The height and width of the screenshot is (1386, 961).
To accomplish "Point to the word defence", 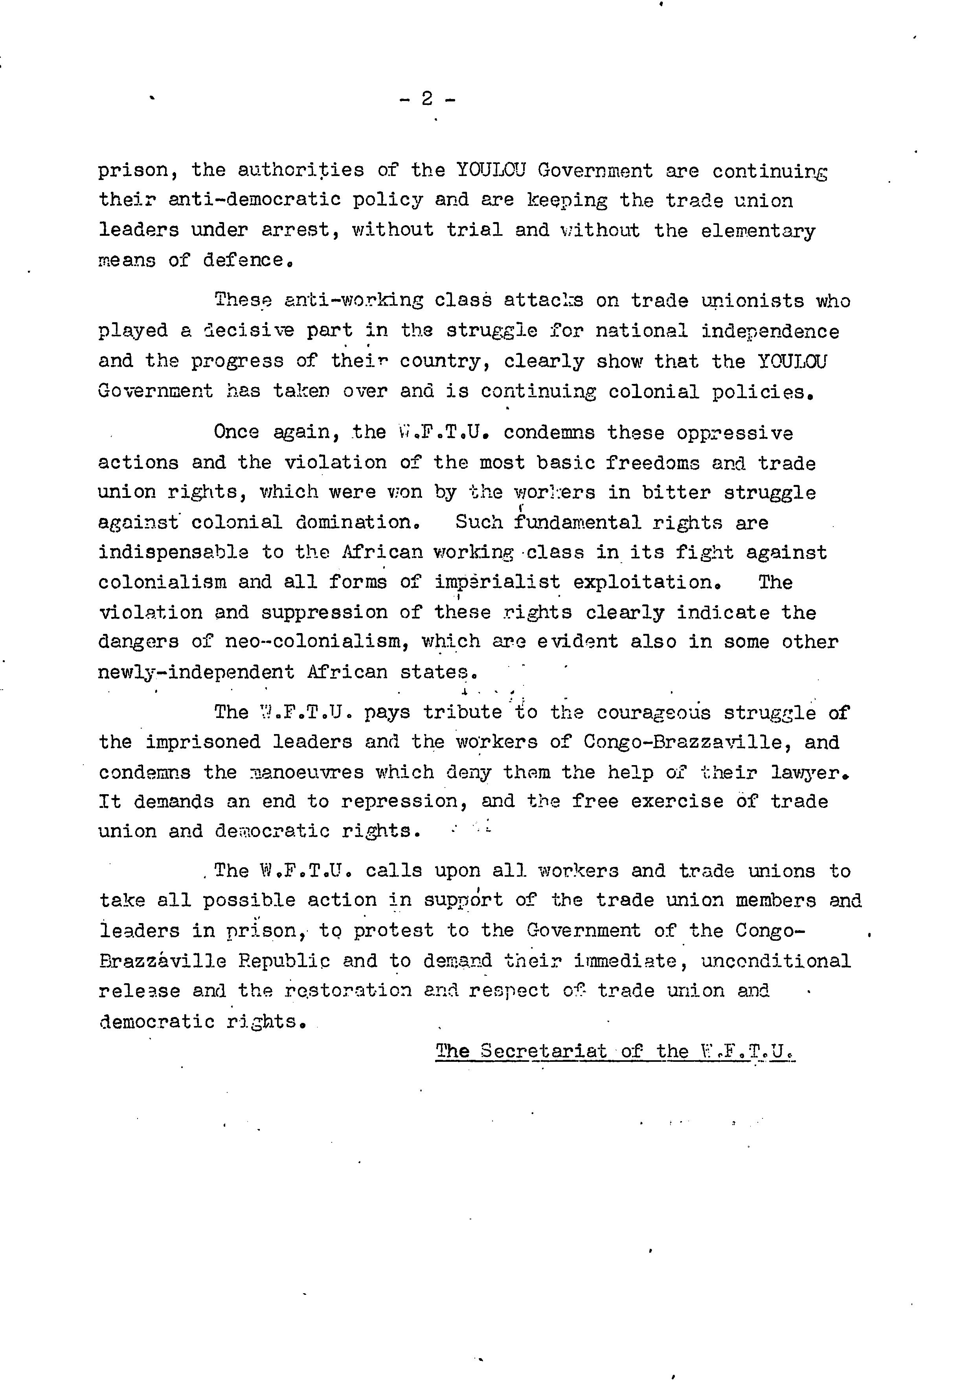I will [x=243, y=260].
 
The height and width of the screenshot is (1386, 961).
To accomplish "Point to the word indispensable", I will [x=173, y=552].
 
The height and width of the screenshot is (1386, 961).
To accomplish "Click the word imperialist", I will [x=497, y=582].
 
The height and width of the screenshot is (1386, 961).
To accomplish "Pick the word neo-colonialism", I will [x=314, y=642].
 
